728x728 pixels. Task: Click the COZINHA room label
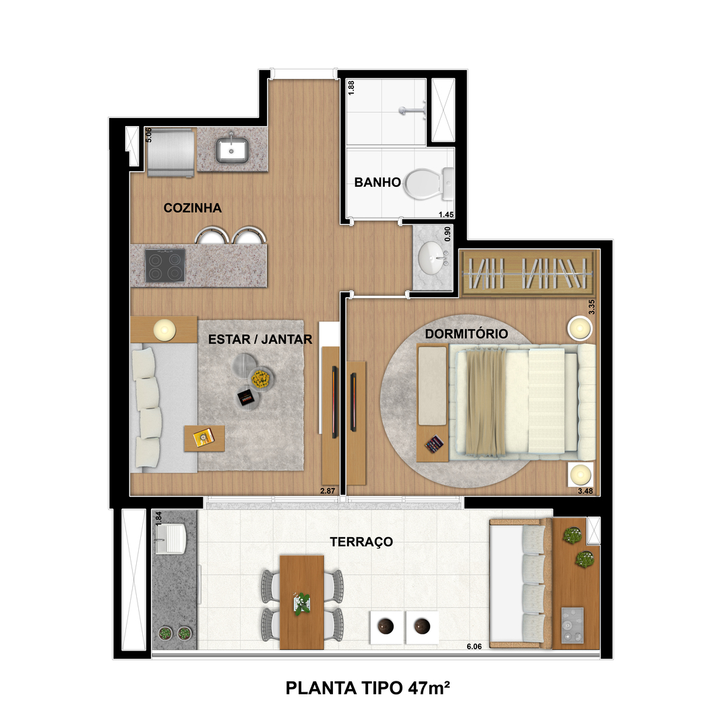192,208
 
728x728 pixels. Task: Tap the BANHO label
377,182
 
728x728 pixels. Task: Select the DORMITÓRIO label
466,334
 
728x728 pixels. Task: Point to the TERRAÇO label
361,541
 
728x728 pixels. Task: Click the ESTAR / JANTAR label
260,339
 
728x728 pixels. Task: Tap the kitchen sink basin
232,149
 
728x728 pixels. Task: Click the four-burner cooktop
165,266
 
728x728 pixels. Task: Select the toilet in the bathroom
428,183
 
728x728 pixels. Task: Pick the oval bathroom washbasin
433,258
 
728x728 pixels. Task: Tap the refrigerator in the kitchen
171,152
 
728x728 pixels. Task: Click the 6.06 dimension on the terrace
474,646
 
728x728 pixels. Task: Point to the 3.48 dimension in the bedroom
585,491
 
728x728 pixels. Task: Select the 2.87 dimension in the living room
328,491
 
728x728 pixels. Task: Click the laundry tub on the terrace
170,539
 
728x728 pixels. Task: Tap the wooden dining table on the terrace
302,602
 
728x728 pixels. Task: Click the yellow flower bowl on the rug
261,379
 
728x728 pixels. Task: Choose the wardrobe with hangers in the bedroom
527,272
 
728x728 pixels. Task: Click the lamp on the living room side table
164,330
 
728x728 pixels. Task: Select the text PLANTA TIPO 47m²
368,688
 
